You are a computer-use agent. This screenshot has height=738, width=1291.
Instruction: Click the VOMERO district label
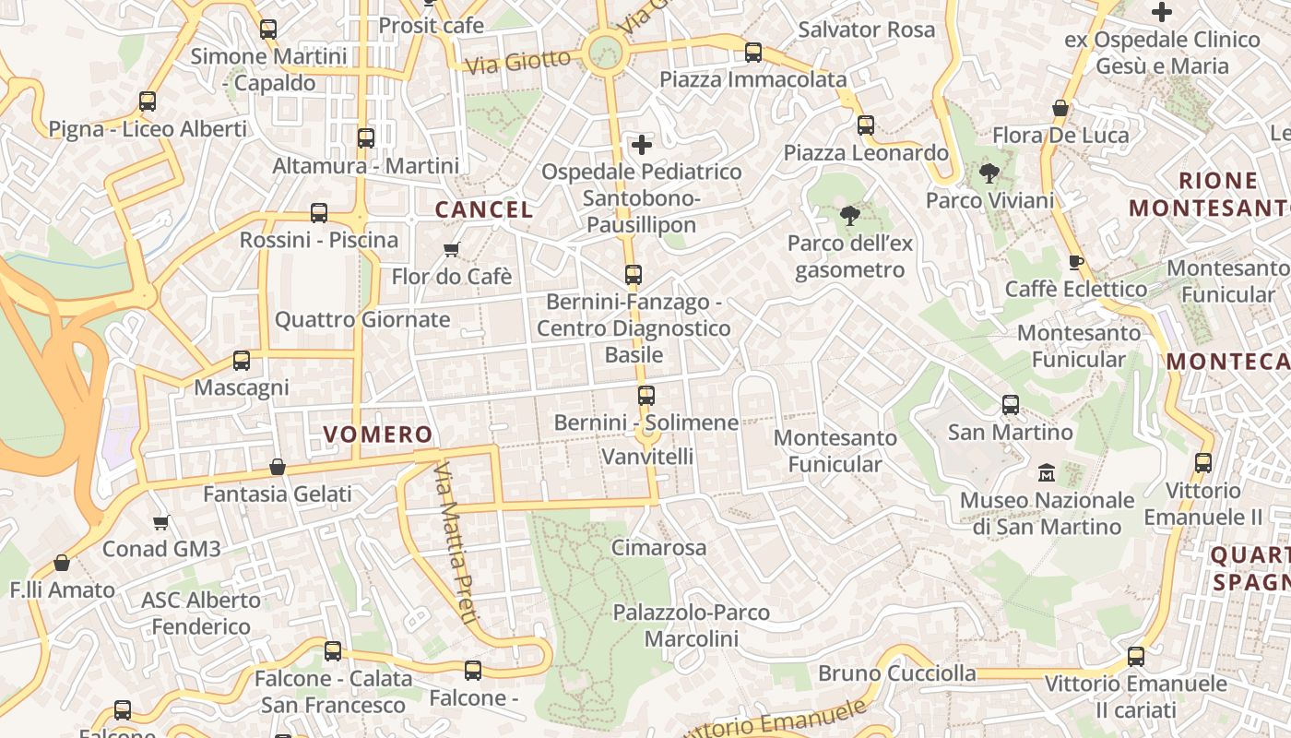click(x=378, y=434)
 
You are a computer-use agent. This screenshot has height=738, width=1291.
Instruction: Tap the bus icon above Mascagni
click(x=242, y=361)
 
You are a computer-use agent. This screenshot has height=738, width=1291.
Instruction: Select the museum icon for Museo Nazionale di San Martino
click(x=1047, y=473)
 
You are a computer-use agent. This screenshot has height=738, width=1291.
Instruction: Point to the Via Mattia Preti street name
click(x=455, y=544)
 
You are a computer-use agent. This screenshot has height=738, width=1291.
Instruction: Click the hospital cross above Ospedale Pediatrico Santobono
click(x=642, y=145)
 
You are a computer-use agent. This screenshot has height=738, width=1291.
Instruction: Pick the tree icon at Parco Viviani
click(x=989, y=173)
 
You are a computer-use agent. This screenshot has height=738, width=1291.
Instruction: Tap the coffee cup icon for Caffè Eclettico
click(x=1075, y=262)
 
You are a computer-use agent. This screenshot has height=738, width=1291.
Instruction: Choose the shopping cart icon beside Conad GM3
click(x=161, y=523)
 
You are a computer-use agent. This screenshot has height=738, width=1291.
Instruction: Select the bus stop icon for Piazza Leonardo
click(x=865, y=125)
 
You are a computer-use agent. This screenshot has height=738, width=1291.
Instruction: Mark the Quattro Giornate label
click(x=362, y=320)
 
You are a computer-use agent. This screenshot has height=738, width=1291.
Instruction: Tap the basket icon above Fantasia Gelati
click(x=277, y=468)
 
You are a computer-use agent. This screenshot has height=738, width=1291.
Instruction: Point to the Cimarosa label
click(x=659, y=548)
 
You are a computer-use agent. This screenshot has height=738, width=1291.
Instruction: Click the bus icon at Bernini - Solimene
click(x=646, y=396)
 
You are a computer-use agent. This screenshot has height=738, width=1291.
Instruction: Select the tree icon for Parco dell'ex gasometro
click(x=849, y=216)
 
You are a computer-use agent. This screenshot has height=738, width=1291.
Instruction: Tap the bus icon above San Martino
click(x=1011, y=405)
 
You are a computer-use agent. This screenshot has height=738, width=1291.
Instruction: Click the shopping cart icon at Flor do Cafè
click(x=452, y=250)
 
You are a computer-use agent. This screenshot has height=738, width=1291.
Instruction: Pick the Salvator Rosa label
click(x=867, y=30)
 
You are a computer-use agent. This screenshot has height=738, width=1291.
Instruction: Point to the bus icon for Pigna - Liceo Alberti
click(x=148, y=101)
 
